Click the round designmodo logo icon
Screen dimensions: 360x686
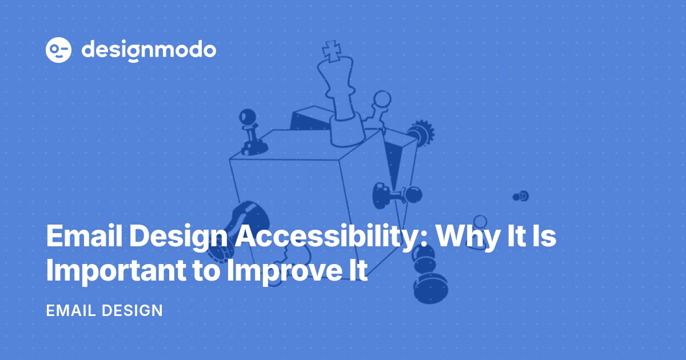pyautogui.click(x=58, y=50)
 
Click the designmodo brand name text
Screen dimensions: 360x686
pyautogui.click(x=149, y=50)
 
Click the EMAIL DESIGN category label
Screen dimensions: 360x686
pyautogui.click(x=104, y=311)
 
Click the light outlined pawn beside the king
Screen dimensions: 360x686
pyautogui.click(x=379, y=109)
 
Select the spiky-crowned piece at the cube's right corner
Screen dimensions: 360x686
pyautogui.click(x=420, y=132)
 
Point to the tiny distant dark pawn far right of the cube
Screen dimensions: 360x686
pyautogui.click(x=520, y=197)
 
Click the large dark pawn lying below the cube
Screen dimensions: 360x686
pyautogui.click(x=430, y=286)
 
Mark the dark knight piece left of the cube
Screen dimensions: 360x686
pyautogui.click(x=240, y=223)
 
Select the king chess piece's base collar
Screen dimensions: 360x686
pyautogui.click(x=346, y=128)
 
